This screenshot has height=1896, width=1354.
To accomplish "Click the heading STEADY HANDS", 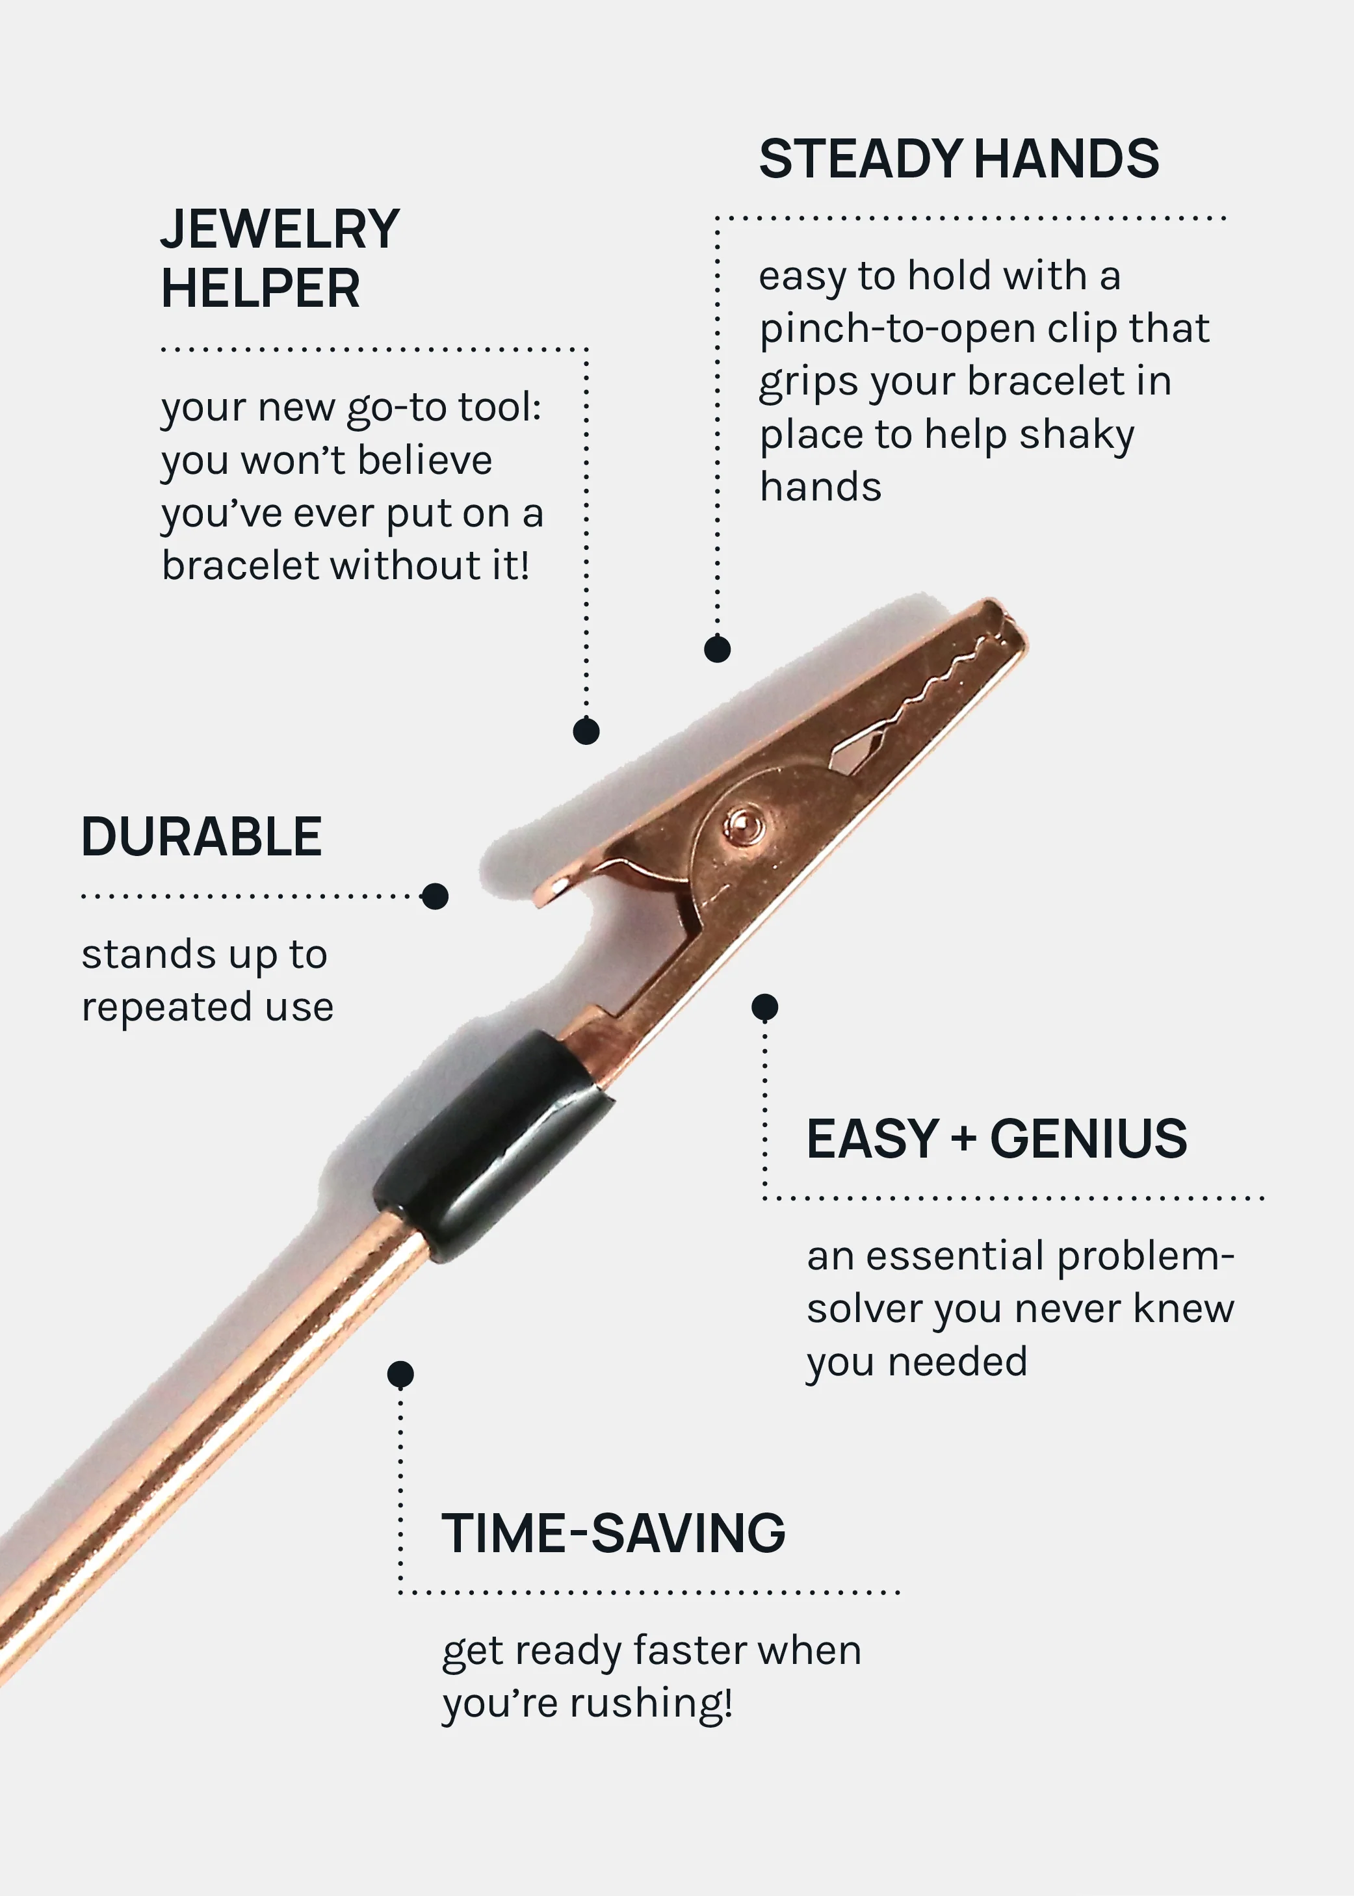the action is (959, 159).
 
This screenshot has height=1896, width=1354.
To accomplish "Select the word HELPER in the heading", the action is (260, 289).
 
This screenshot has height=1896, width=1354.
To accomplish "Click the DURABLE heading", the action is (202, 837).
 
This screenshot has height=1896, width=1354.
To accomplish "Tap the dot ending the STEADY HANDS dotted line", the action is (717, 649).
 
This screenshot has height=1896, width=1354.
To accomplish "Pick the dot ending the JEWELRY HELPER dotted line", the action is (586, 731).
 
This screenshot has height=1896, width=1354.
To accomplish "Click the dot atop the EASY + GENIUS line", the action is (764, 1007).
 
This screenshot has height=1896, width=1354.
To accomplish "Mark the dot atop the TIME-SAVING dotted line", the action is (400, 1373).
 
